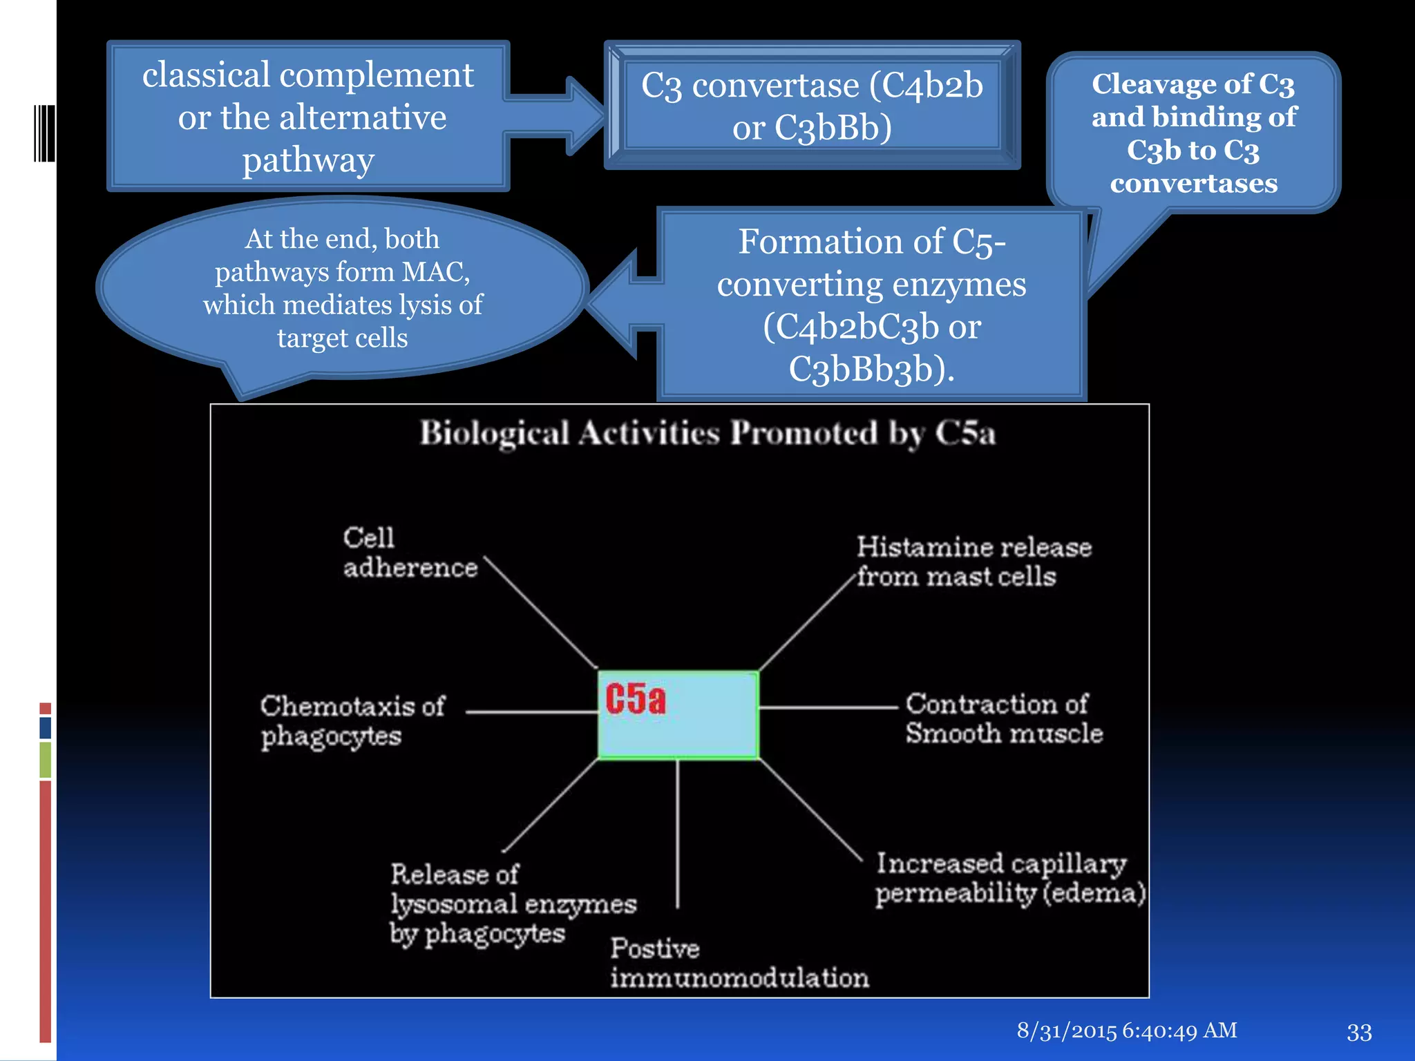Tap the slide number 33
click(1359, 1032)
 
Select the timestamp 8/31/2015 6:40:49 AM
click(1127, 1031)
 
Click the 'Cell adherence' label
click(410, 553)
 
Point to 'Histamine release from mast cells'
click(974, 562)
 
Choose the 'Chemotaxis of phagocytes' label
click(352, 721)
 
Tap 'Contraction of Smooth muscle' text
click(1003, 718)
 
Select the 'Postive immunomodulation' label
click(739, 963)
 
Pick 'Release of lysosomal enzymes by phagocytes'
click(512, 904)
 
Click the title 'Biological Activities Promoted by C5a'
click(707, 434)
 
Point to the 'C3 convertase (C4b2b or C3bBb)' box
click(812, 106)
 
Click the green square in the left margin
click(46, 759)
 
